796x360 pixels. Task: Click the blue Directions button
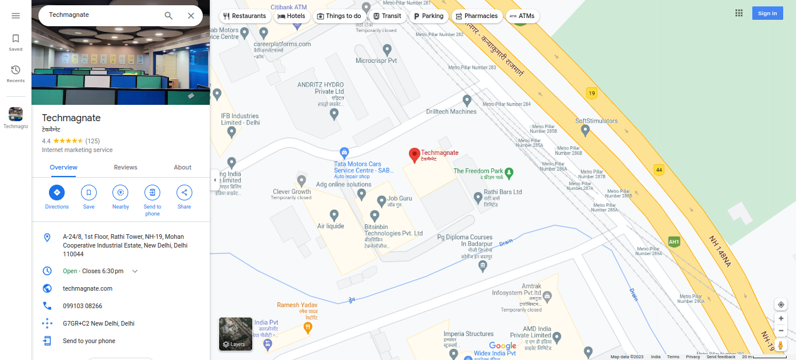click(x=57, y=193)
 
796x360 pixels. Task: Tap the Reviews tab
click(x=125, y=167)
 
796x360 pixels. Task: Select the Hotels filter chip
click(x=291, y=16)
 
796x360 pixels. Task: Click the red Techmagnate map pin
click(x=414, y=155)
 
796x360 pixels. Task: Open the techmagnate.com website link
click(x=87, y=288)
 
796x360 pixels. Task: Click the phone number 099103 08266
click(x=82, y=306)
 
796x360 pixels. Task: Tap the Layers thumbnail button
click(x=235, y=334)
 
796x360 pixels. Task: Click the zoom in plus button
click(x=781, y=319)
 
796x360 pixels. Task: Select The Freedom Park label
click(x=478, y=171)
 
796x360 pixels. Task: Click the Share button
click(x=184, y=193)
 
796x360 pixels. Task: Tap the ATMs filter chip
click(x=522, y=16)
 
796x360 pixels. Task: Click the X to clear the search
click(x=191, y=16)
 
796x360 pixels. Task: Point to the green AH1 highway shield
click(x=674, y=242)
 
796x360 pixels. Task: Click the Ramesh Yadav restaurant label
click(x=297, y=305)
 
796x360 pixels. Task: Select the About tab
click(x=182, y=167)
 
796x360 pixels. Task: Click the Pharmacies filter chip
click(x=476, y=16)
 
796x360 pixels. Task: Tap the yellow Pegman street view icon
click(x=781, y=345)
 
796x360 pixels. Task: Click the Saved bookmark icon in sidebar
click(x=16, y=39)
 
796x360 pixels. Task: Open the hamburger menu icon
click(x=16, y=16)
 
